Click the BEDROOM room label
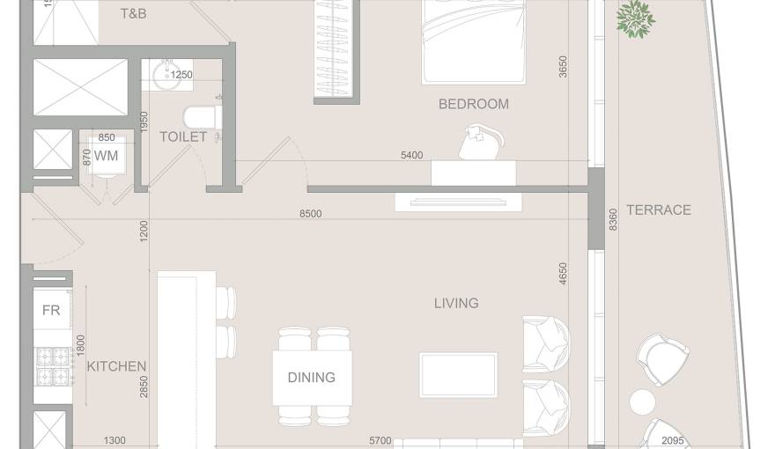coord(473,104)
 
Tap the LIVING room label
coord(455,303)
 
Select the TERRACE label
coord(658,210)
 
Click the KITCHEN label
coord(116,366)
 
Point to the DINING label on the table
coord(311,377)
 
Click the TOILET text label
coord(183,136)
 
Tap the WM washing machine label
coord(106,156)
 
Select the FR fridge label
coord(51,310)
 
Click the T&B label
coord(133,14)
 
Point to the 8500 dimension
coord(310,214)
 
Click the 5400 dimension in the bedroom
coord(411,156)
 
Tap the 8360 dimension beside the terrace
coord(614,220)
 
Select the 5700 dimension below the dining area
coord(380,441)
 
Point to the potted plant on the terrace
coord(635,18)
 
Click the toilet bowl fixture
coord(198,117)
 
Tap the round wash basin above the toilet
coord(164,76)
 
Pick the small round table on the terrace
coord(642,403)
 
